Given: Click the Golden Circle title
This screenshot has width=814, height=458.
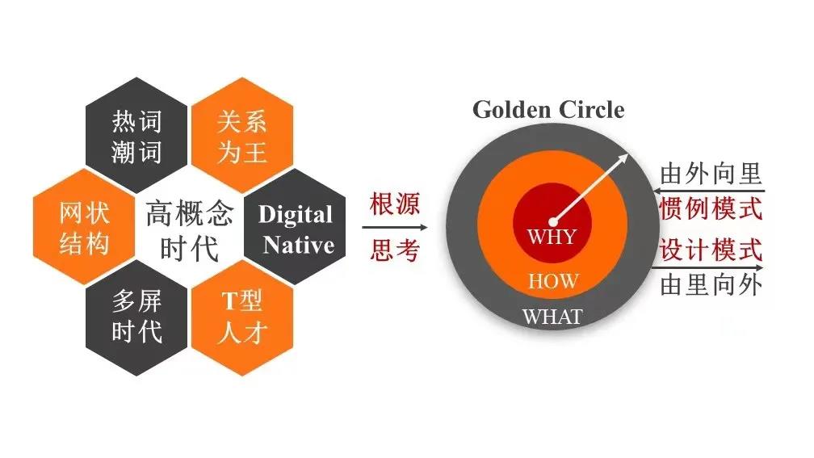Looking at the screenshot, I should pos(548,109).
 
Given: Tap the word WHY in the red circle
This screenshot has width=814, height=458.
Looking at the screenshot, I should pos(552,237).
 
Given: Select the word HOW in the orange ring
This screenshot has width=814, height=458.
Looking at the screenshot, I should pos(553,281).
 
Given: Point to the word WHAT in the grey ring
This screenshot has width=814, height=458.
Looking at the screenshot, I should pos(552,317).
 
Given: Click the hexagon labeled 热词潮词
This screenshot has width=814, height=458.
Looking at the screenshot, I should pos(136,137).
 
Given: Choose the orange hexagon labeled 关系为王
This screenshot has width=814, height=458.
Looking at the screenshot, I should pos(241,137).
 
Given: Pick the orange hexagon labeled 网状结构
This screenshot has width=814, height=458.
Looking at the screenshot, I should pos(84,228).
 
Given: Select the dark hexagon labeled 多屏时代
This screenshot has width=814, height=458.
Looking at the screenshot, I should pos(136,317).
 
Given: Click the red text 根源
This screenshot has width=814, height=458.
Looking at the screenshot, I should pos(395,204).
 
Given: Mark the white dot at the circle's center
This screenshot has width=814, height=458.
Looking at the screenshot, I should pos(553,221).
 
